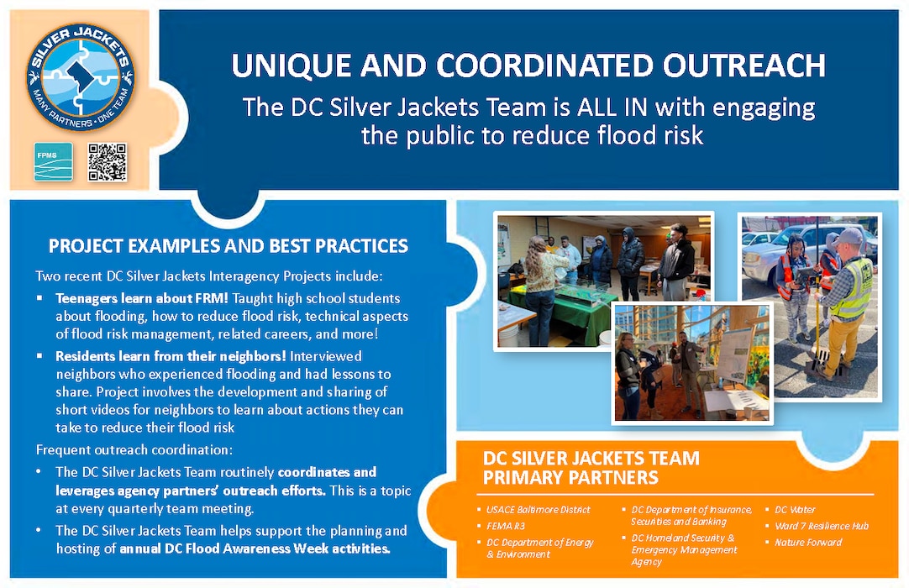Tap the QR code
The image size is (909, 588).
click(108, 162)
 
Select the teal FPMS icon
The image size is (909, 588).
click(53, 162)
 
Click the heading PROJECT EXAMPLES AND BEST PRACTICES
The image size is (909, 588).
click(229, 246)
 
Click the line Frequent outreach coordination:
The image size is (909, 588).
click(134, 449)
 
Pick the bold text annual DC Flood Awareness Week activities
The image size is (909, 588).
click(255, 549)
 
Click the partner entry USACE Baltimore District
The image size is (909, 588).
click(538, 509)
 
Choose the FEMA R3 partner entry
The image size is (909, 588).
click(505, 525)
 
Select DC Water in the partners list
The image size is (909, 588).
click(795, 509)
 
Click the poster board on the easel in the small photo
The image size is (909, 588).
click(735, 354)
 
